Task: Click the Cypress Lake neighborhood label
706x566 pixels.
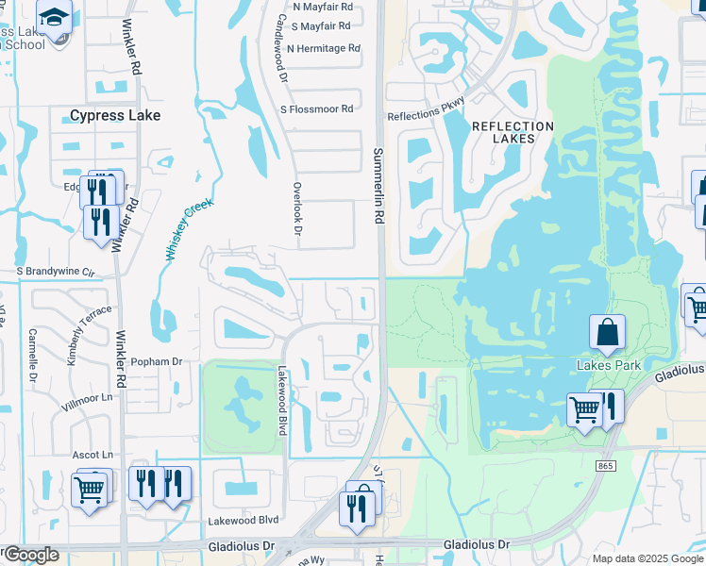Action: [115, 115]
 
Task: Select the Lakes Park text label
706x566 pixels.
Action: [609, 365]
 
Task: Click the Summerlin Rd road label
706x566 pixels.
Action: [379, 185]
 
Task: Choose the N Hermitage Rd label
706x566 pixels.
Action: [324, 48]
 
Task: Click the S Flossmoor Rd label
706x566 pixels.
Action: [316, 109]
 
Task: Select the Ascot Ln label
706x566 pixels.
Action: [92, 455]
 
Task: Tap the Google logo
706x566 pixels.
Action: [30, 555]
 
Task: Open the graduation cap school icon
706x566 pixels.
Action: [55, 17]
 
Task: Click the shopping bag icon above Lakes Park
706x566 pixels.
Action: [607, 332]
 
